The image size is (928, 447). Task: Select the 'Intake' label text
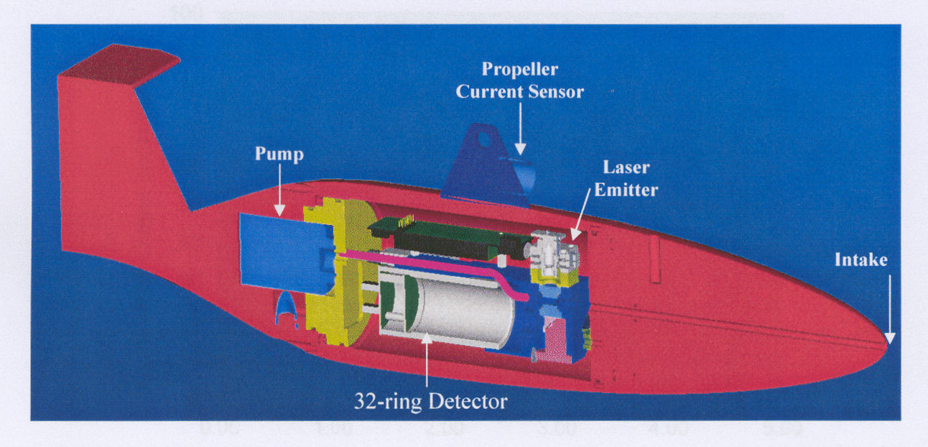tap(860, 260)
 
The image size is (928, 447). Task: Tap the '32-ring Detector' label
tap(430, 401)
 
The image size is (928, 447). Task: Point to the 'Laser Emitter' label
tap(628, 178)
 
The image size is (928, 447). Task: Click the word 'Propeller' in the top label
tap(519, 70)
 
